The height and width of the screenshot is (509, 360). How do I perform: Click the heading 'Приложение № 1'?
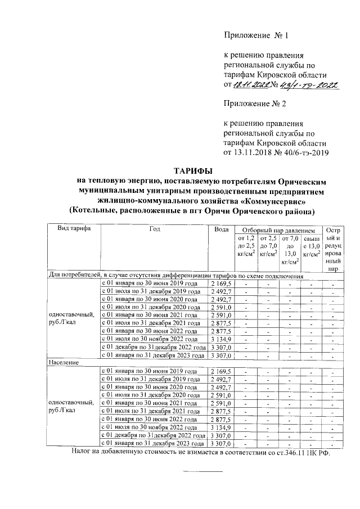[x=256, y=37]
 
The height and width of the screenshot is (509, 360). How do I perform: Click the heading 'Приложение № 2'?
[x=256, y=104]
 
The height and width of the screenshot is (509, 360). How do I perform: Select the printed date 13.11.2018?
[x=253, y=152]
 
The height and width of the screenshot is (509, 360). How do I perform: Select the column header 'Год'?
[x=155, y=229]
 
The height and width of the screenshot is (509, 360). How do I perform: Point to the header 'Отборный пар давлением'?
[x=274, y=231]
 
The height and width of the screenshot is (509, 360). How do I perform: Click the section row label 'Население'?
[x=61, y=364]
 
